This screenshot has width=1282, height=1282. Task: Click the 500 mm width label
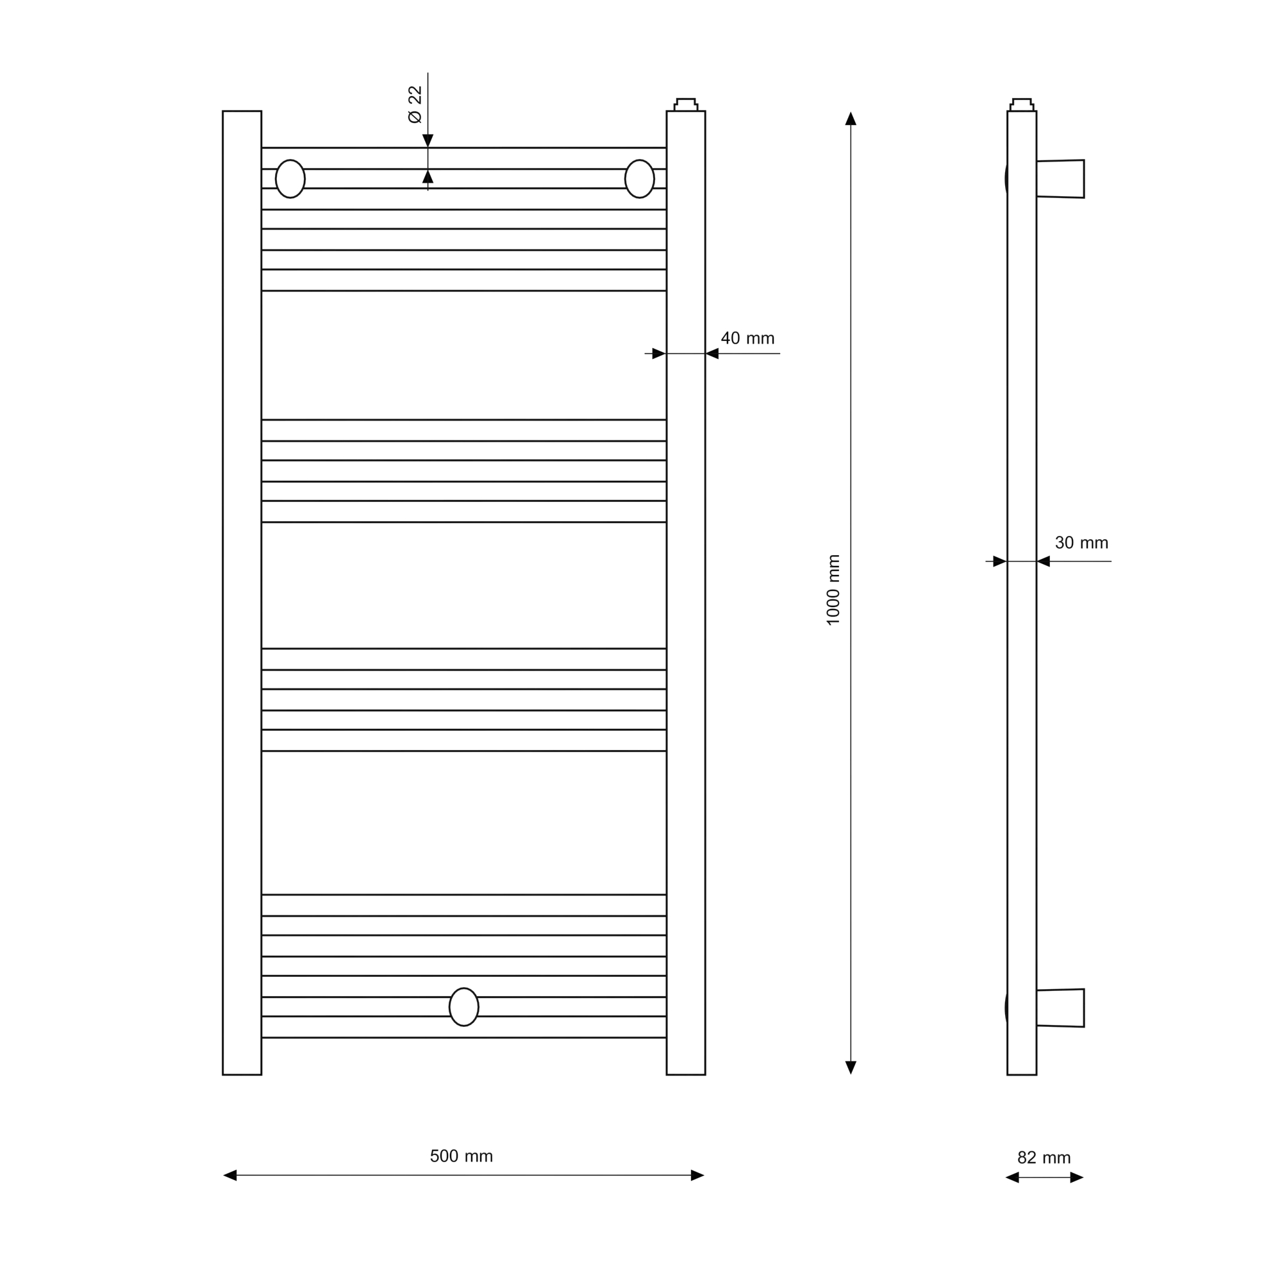461,1156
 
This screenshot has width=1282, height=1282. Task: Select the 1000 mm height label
833,590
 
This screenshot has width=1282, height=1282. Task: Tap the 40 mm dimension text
748,338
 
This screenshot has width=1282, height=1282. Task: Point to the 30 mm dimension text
1081,543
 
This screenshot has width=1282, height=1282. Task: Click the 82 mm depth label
1044,1158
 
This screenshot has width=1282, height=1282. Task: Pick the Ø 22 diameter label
415,104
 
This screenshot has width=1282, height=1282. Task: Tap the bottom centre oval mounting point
464,1006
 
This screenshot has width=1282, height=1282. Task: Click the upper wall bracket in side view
1060,178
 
